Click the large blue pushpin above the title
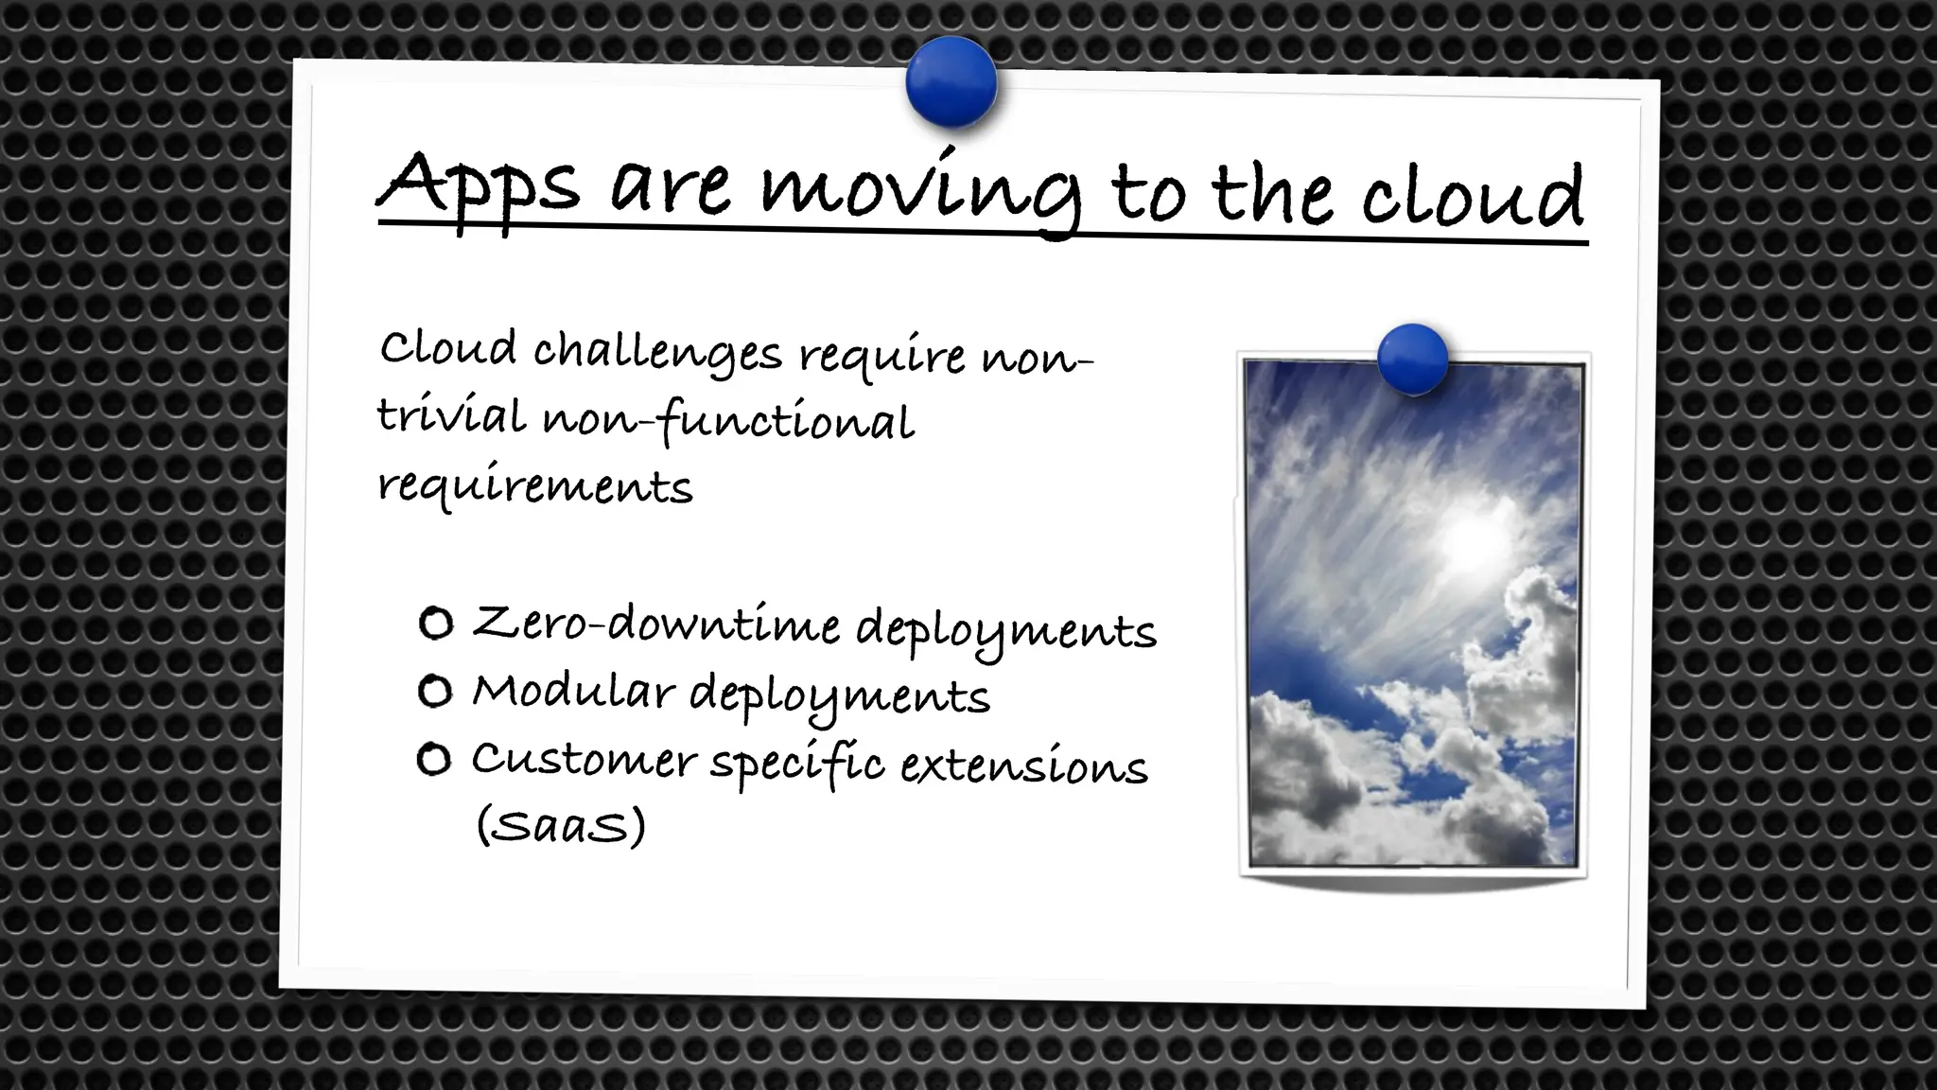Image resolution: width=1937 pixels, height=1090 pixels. [951, 83]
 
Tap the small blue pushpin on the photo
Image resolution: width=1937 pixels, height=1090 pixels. [1412, 359]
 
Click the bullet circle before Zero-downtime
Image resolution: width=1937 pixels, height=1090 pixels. [436, 624]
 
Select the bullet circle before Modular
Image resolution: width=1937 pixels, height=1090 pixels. [435, 692]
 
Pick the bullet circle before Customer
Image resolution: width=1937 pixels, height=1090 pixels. [434, 759]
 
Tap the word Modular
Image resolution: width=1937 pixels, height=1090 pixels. [571, 693]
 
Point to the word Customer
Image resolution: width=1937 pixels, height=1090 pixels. [583, 760]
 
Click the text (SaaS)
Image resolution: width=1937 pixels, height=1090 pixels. [560, 825]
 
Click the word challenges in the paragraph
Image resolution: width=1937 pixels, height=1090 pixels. [657, 353]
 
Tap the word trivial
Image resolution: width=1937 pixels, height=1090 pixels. [451, 416]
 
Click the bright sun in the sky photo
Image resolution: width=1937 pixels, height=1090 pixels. [1469, 539]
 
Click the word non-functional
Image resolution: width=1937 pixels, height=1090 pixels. [728, 421]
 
